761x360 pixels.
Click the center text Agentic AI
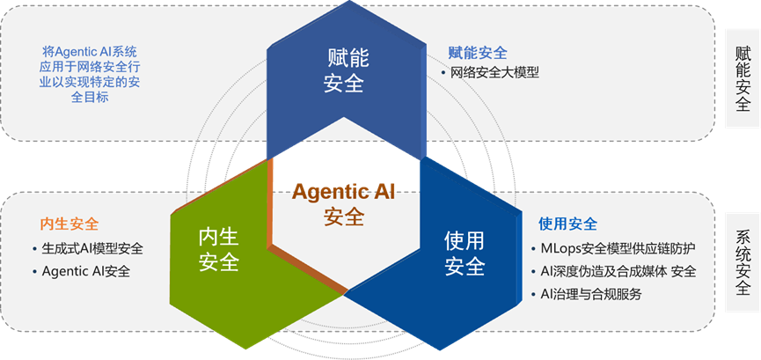[x=343, y=193]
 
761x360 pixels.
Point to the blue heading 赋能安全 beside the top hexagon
[x=478, y=52]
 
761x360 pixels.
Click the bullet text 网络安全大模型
[x=495, y=73]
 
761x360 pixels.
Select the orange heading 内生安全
[x=70, y=224]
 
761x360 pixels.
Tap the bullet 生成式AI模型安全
[x=92, y=249]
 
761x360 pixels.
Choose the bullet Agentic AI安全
[x=86, y=271]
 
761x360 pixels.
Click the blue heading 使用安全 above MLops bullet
[x=567, y=224]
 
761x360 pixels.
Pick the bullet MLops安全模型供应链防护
[x=618, y=249]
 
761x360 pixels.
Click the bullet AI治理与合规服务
[x=591, y=294]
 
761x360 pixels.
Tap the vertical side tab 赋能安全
[x=743, y=78]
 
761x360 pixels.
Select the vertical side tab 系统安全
[x=743, y=262]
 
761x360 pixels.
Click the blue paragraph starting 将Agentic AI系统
[x=90, y=74]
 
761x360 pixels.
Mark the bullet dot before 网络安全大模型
[x=443, y=73]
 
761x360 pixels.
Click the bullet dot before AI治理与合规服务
[x=533, y=294]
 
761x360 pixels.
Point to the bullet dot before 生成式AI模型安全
[x=34, y=249]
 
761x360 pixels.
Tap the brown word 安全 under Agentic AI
[x=344, y=217]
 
